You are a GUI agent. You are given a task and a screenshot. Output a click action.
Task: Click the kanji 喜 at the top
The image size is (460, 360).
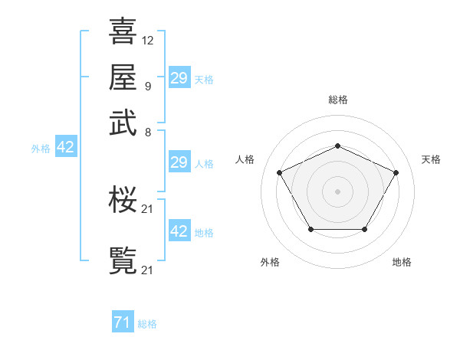tap(123, 32)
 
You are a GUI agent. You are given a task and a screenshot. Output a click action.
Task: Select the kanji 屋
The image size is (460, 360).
tap(123, 78)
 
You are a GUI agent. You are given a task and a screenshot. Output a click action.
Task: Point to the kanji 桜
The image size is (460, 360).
tap(123, 201)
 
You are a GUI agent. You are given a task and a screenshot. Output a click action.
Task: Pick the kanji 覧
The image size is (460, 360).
tap(123, 261)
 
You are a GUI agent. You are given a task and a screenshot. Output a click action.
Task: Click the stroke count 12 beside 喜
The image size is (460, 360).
tap(148, 40)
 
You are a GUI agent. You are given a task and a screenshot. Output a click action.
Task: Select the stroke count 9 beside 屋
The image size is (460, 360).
tap(147, 86)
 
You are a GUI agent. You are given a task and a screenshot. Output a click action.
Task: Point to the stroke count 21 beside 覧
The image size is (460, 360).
tap(148, 270)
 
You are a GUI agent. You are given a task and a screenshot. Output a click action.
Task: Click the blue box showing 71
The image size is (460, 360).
tap(122, 323)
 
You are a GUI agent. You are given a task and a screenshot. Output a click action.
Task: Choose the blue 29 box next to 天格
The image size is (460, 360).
tap(179, 78)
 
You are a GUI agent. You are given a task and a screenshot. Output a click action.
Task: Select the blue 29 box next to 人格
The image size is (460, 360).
tap(179, 162)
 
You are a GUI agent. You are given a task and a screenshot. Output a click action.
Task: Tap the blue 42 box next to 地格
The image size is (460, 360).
tap(179, 231)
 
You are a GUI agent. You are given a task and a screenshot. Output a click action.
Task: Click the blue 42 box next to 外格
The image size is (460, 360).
tap(65, 147)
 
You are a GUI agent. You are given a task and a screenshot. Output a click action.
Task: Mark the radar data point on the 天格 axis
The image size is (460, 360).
tap(396, 172)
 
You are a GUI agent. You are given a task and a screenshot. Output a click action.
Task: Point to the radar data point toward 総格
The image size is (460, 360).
tap(337, 146)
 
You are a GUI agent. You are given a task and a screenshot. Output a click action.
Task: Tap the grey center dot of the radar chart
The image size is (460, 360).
tap(337, 191)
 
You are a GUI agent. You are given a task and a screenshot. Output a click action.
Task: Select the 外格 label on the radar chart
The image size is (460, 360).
tap(270, 262)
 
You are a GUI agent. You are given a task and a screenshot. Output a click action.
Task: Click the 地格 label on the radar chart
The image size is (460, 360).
tap(402, 262)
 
